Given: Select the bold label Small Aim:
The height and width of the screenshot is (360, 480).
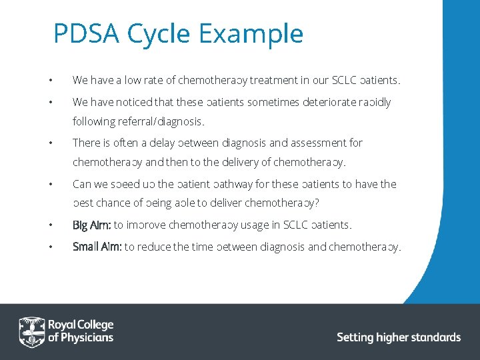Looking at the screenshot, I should [x=97, y=247].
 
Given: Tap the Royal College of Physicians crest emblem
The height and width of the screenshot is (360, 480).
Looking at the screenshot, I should [x=31, y=331].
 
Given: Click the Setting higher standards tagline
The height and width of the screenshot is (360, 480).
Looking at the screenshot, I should [x=398, y=337].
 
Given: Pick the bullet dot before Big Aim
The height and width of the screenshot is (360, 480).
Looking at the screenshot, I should [x=50, y=225].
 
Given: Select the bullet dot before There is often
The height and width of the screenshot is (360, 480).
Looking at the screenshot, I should [x=50, y=143].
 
